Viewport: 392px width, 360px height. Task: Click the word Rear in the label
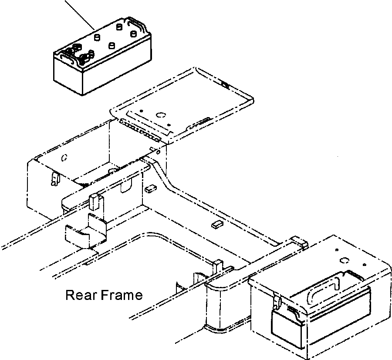[81, 296]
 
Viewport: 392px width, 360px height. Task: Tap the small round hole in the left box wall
[64, 156]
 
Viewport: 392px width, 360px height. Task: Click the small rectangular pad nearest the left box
[151, 188]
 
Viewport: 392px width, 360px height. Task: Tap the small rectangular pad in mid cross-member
[216, 224]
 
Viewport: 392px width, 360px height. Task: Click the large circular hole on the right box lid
[344, 260]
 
